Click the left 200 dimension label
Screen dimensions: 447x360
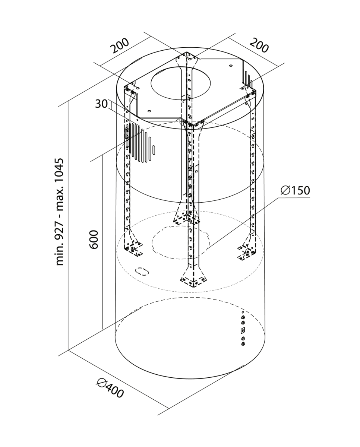click(x=120, y=46)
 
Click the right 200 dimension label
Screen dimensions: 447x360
click(x=259, y=45)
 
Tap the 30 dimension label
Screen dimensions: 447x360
click(x=101, y=104)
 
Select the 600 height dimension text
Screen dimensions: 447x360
click(x=94, y=240)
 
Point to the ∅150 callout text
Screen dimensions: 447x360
click(x=295, y=190)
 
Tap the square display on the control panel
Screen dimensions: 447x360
click(x=243, y=330)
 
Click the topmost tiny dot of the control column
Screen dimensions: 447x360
click(x=243, y=312)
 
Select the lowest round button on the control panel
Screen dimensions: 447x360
click(x=243, y=343)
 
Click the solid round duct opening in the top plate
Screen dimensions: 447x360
click(x=181, y=83)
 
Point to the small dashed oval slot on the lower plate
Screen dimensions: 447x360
click(x=142, y=271)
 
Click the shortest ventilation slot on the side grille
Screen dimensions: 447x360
click(x=154, y=150)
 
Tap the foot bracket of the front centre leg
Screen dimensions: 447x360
click(x=193, y=279)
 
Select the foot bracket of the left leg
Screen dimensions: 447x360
click(x=133, y=249)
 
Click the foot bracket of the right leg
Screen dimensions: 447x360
click(x=247, y=250)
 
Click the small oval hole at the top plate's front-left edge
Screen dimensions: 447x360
click(x=149, y=111)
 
